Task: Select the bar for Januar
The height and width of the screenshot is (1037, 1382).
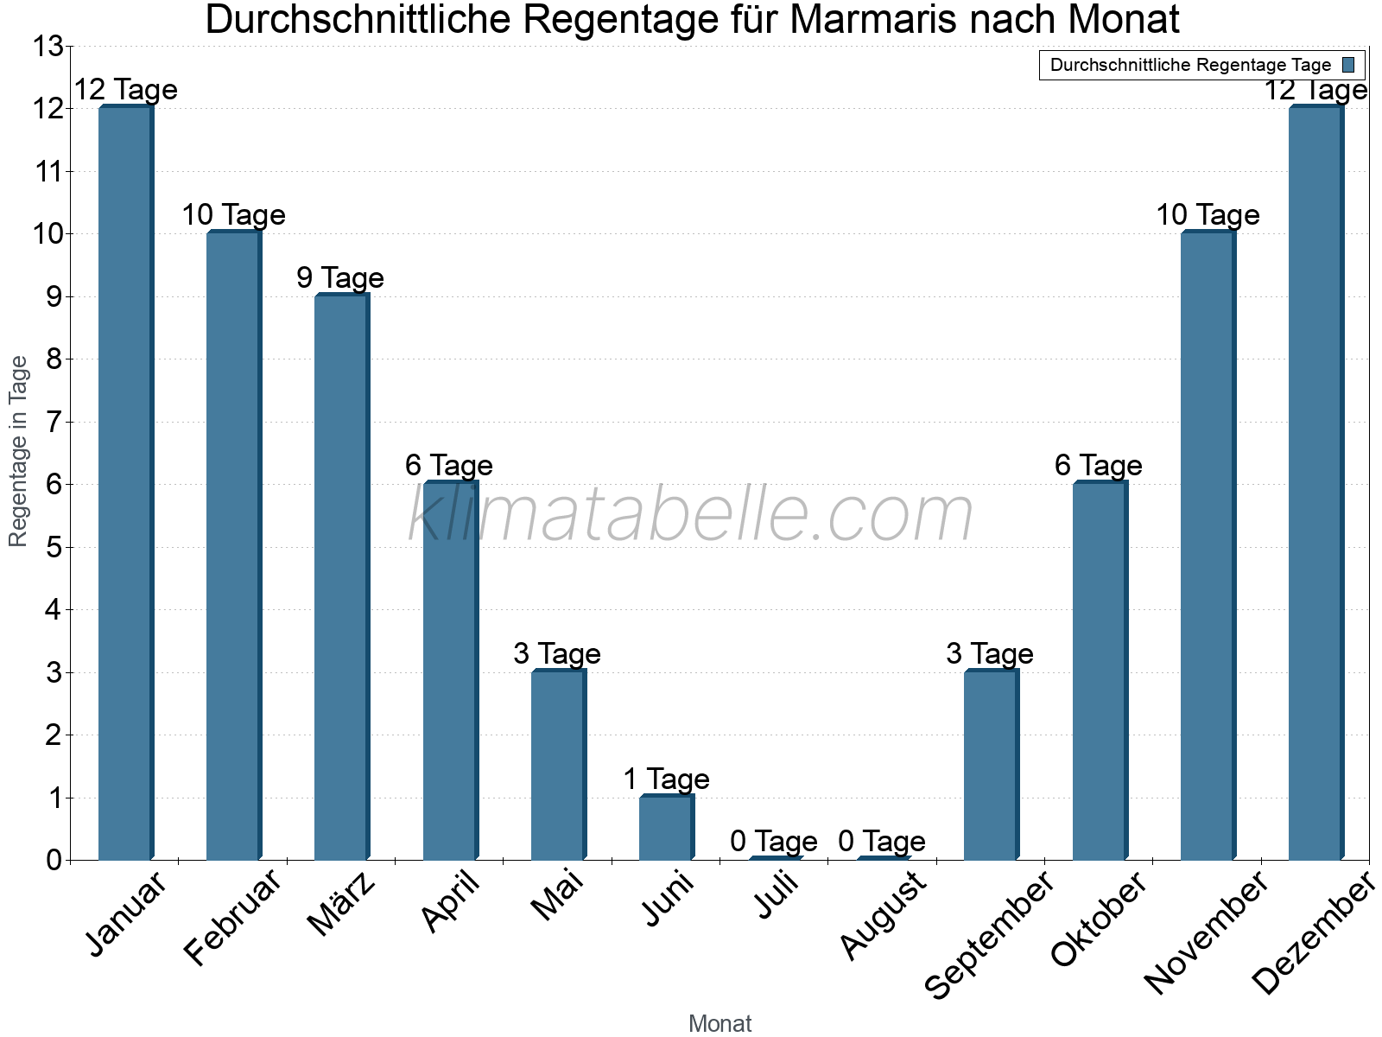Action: coord(125,484)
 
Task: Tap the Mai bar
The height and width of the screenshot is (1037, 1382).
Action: coord(558,766)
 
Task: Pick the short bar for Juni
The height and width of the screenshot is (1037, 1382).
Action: coord(666,828)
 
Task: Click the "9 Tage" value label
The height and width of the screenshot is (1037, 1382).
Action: coord(340,278)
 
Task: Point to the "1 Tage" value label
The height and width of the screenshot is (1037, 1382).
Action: coord(666,779)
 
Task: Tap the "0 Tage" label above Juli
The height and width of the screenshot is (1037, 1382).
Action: coord(773,841)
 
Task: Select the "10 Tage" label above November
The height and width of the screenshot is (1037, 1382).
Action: coord(1208,215)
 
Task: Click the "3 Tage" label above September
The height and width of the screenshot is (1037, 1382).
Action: coord(990,654)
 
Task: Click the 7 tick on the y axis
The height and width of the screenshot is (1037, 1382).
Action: coord(54,423)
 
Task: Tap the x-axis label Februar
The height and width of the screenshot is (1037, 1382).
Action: coord(232,917)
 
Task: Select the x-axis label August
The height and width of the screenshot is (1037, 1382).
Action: coord(883,915)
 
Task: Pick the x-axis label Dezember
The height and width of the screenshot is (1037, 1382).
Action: coord(1314,932)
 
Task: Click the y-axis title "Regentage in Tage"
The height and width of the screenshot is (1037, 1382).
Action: coord(18,451)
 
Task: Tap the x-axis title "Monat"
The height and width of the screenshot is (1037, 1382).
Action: coord(720,1023)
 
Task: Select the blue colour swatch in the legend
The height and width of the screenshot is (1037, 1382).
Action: coord(1348,65)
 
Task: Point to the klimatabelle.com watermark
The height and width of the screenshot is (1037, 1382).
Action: coord(690,514)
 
